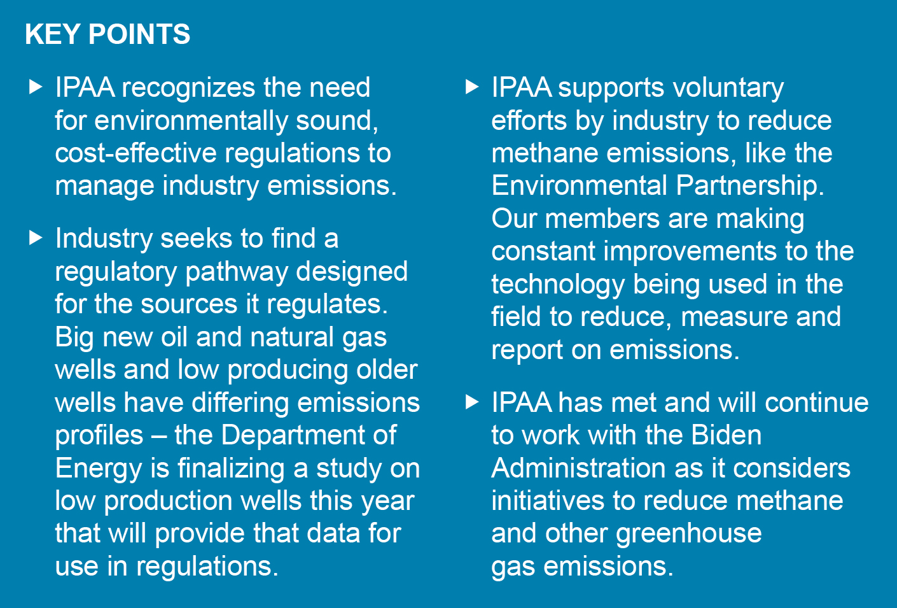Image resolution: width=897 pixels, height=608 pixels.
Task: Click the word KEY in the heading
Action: click(x=53, y=34)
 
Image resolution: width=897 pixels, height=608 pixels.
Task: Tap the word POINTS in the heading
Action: click(x=139, y=34)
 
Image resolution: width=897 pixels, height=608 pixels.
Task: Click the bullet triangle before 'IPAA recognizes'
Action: click(x=36, y=87)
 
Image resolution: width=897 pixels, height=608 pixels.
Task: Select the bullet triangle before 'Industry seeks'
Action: click(x=36, y=237)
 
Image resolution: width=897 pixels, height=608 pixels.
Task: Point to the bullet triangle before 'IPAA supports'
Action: click(x=472, y=87)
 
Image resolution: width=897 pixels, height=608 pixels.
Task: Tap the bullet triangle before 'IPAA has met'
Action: click(x=472, y=402)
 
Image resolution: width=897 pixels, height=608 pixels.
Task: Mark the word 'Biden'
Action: click(x=727, y=435)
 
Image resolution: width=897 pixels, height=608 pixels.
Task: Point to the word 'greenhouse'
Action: click(x=689, y=535)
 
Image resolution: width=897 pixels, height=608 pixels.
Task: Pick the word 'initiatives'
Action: click(x=548, y=500)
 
